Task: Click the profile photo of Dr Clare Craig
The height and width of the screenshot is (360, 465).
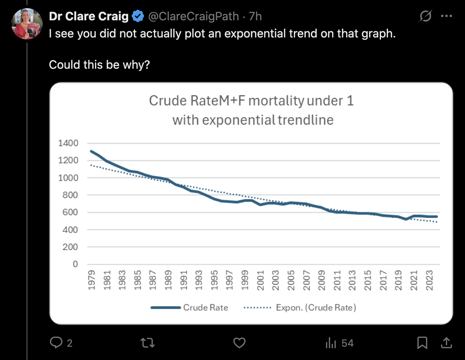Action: click(26, 23)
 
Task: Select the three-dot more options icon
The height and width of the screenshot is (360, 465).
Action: click(446, 16)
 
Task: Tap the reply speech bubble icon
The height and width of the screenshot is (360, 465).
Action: click(56, 343)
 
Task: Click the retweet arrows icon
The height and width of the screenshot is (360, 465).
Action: click(148, 343)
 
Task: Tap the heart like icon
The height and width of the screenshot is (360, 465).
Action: click(239, 343)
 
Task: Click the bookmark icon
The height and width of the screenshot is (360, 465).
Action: click(422, 343)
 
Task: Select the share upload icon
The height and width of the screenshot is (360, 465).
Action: click(446, 343)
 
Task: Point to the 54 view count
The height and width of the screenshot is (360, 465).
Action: click(347, 343)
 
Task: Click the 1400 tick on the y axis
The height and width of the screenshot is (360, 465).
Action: click(68, 143)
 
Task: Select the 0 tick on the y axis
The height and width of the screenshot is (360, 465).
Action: click(75, 264)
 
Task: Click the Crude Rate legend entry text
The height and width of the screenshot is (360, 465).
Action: click(206, 308)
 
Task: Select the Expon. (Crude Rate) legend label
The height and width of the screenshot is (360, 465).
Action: click(316, 308)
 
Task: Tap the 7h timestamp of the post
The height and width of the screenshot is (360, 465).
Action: click(255, 16)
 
